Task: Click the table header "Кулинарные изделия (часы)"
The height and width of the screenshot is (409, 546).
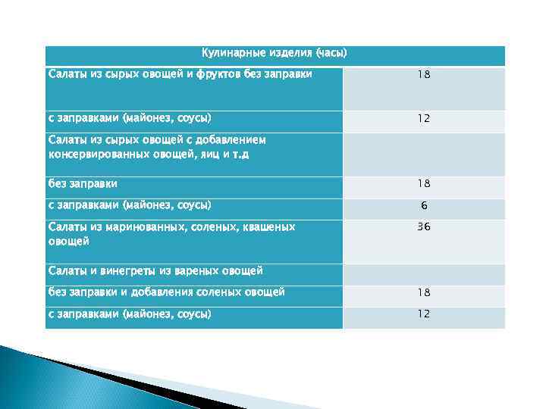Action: click(274, 53)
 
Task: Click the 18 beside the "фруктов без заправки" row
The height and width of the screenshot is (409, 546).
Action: click(423, 75)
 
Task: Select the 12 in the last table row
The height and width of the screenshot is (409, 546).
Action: click(423, 314)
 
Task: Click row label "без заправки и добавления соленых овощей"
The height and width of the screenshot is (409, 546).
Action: click(167, 292)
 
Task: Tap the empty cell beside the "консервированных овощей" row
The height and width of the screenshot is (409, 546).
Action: click(423, 154)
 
